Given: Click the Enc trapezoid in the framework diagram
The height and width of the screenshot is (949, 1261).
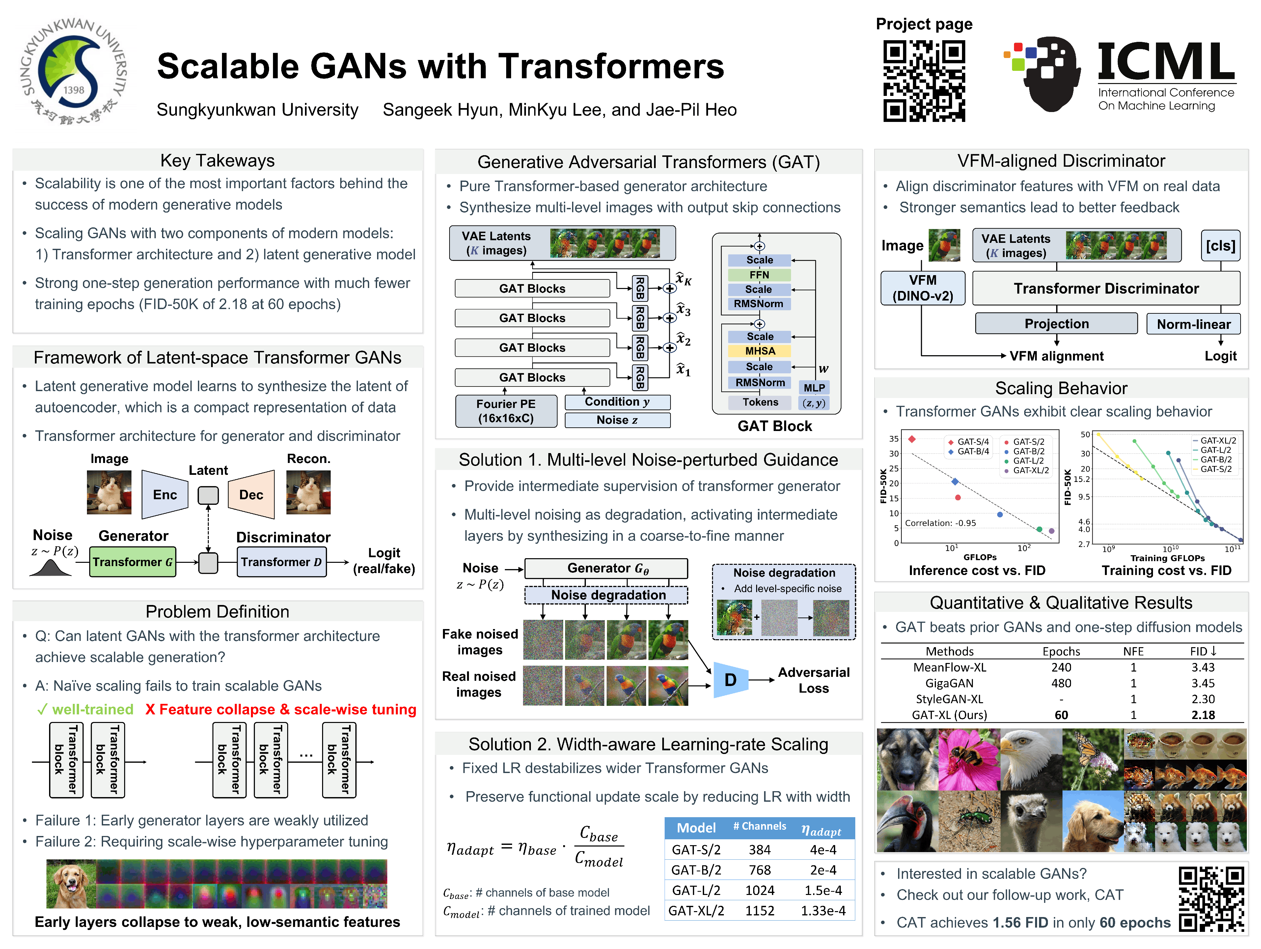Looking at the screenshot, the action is (x=165, y=495).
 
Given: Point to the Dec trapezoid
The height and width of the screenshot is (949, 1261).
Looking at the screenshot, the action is (x=251, y=495).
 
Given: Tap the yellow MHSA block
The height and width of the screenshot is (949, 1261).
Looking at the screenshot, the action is (x=760, y=351).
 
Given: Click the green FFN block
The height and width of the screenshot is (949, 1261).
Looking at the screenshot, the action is (x=759, y=275).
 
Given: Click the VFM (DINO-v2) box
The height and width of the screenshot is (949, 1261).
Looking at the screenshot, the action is (x=923, y=288).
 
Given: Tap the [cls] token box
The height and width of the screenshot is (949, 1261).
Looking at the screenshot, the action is (x=1220, y=246).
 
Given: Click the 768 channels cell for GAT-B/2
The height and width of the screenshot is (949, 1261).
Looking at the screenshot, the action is (x=759, y=870).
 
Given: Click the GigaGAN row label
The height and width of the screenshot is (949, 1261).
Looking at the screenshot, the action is (x=949, y=683).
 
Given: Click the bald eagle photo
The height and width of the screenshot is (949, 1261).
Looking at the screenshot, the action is (x=1031, y=759).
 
